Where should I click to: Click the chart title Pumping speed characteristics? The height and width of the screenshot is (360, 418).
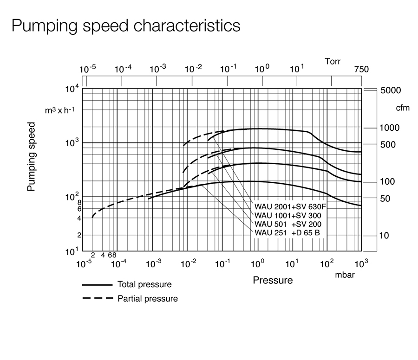click(x=126, y=25)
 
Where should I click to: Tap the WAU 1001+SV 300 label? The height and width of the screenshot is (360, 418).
click(x=288, y=215)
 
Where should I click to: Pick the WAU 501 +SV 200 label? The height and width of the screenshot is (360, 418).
click(x=288, y=224)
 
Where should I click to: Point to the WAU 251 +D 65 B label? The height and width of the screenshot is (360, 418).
click(x=287, y=232)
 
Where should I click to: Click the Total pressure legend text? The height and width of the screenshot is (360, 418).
click(x=144, y=284)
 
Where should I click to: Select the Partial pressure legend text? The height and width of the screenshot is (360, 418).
click(x=148, y=299)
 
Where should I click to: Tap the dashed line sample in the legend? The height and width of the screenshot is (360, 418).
click(x=98, y=298)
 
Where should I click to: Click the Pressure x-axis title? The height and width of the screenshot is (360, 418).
click(x=273, y=280)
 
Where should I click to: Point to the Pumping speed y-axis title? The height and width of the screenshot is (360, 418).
click(x=31, y=156)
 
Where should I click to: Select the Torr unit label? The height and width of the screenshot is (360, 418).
click(x=333, y=61)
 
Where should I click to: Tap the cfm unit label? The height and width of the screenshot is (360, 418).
click(x=402, y=108)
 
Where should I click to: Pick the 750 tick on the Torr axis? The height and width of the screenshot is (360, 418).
click(x=361, y=70)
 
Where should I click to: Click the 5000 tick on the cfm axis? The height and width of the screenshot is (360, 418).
click(x=390, y=90)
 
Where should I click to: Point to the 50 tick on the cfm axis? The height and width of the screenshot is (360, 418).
click(x=385, y=199)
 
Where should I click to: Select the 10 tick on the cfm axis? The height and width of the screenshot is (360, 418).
click(x=385, y=235)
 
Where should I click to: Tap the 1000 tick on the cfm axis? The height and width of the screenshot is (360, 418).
click(x=390, y=128)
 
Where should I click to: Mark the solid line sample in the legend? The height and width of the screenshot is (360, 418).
click(x=98, y=284)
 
